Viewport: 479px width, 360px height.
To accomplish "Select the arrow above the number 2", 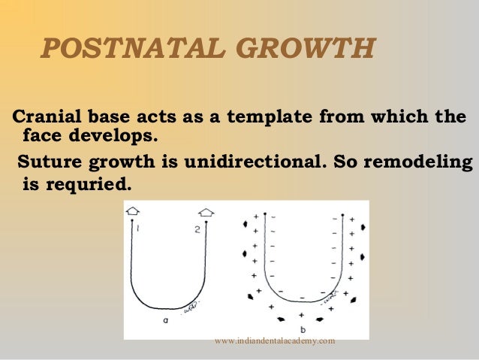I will click(x=206, y=212).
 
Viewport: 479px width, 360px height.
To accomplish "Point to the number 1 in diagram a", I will click(x=140, y=228).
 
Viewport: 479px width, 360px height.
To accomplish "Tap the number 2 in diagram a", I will click(x=197, y=229).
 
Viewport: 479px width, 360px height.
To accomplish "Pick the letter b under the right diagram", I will click(x=301, y=329).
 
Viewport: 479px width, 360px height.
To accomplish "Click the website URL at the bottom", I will click(x=274, y=341).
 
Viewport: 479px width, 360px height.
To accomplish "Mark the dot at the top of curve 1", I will click(x=134, y=219).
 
